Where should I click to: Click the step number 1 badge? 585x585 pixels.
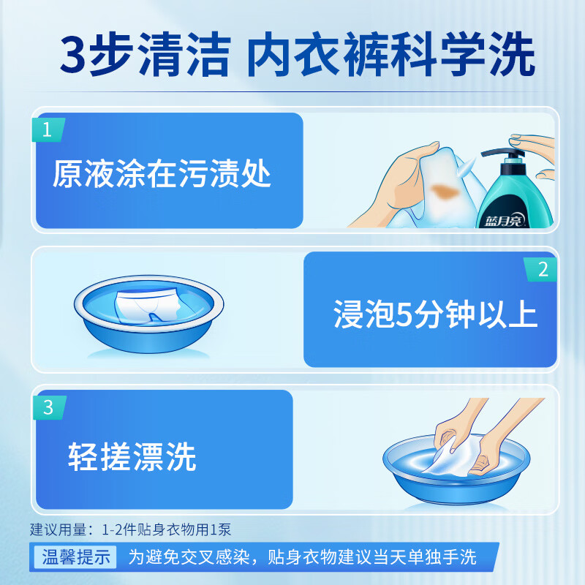[x=48, y=130]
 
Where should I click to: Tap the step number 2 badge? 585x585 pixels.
[x=542, y=269]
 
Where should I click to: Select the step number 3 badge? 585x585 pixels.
[x=48, y=407]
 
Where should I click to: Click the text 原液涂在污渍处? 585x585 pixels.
[x=162, y=175]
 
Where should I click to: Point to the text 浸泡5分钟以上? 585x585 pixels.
[x=435, y=314]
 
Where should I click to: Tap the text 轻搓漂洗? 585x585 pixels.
[x=132, y=456]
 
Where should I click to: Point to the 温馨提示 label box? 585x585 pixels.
[x=74, y=557]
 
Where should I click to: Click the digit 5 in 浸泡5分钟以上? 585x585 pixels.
[x=401, y=314]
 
